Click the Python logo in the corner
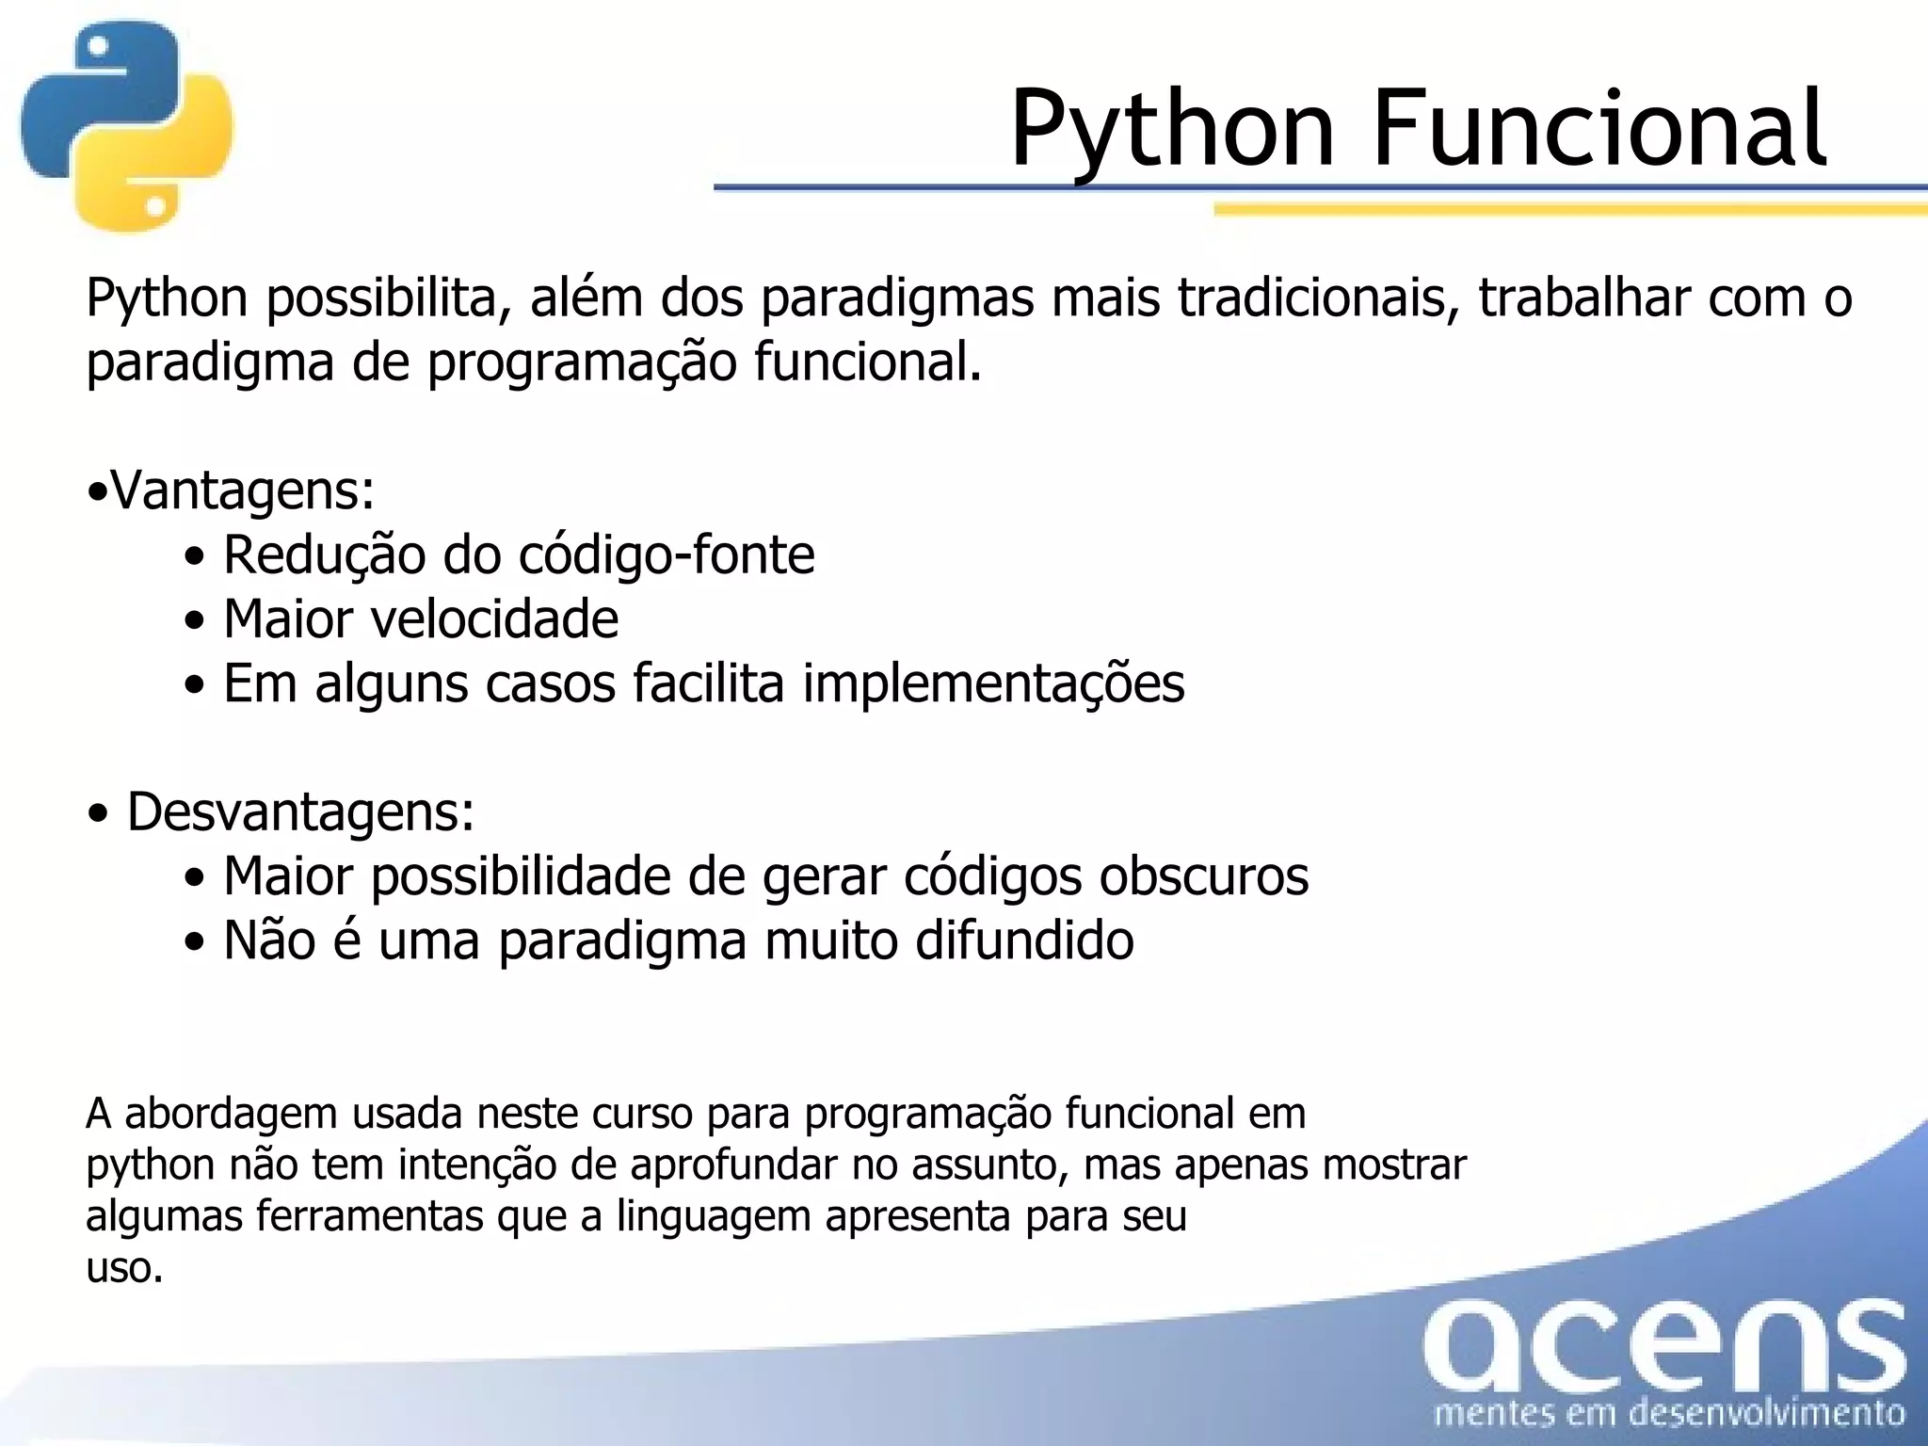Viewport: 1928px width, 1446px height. pyautogui.click(x=127, y=125)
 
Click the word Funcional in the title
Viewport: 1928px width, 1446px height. pyautogui.click(x=1599, y=129)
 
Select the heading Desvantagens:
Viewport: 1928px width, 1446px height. pyautogui.click(x=300, y=811)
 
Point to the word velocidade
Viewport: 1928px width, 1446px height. pyautogui.click(x=495, y=619)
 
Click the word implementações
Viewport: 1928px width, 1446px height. pyautogui.click(x=993, y=683)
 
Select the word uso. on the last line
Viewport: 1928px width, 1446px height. pyautogui.click(x=124, y=1268)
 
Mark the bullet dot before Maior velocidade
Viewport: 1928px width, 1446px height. pyautogui.click(x=195, y=621)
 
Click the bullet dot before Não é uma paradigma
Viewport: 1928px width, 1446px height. pyautogui.click(x=195, y=942)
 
